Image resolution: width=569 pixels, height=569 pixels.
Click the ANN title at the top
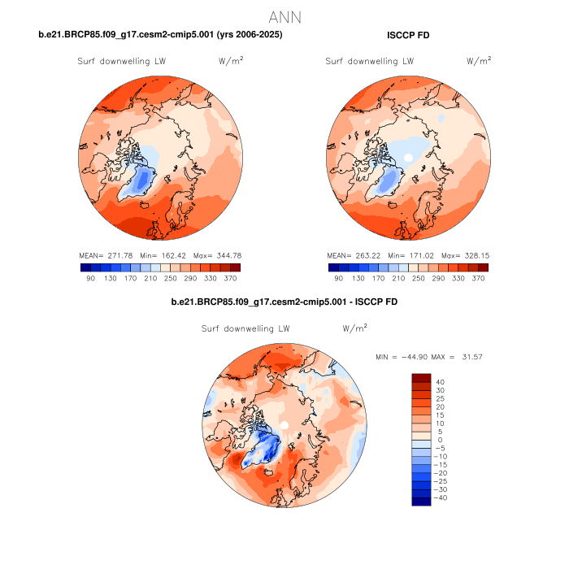pos(284,16)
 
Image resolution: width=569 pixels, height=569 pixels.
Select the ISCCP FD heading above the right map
pos(408,35)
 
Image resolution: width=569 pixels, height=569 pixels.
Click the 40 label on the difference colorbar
pos(440,382)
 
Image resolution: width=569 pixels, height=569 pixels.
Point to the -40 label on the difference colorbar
pos(437,497)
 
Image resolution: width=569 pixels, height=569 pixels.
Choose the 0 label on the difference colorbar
pos(440,440)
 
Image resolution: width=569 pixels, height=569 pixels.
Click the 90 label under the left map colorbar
pos(90,278)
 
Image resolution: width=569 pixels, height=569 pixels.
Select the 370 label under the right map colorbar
pos(480,278)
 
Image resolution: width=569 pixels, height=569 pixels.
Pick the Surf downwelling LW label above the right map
pos(370,62)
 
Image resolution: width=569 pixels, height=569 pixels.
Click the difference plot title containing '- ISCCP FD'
pos(284,302)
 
